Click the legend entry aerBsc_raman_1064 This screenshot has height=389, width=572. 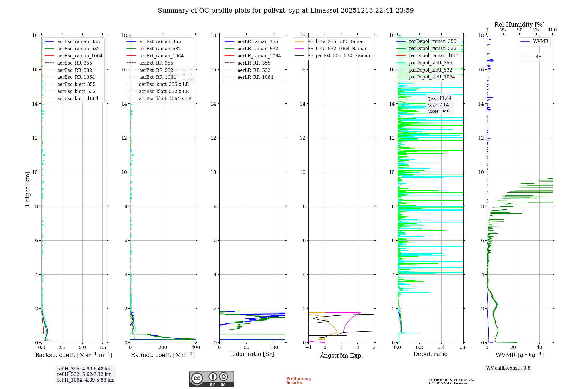(80, 56)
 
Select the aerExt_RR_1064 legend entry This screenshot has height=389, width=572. (157, 77)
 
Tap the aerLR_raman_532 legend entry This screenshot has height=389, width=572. (258, 49)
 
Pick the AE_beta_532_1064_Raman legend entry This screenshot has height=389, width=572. (337, 49)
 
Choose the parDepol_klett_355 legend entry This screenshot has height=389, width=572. (430, 63)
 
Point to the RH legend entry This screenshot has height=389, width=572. (538, 57)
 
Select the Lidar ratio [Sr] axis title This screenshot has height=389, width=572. (252, 354)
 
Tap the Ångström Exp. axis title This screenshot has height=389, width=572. (341, 355)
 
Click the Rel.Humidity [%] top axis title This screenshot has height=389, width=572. (519, 25)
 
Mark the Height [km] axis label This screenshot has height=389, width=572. (27, 189)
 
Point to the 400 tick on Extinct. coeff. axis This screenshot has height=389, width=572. (196, 348)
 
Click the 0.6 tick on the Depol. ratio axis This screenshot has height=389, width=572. (463, 348)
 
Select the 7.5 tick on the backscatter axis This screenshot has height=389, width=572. (102, 348)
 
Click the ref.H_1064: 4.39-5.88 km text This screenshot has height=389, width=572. (86, 380)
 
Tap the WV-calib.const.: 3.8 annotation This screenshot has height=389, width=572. (508, 368)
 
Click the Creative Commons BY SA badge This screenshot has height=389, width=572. (211, 379)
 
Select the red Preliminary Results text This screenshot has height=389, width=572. (299, 381)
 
